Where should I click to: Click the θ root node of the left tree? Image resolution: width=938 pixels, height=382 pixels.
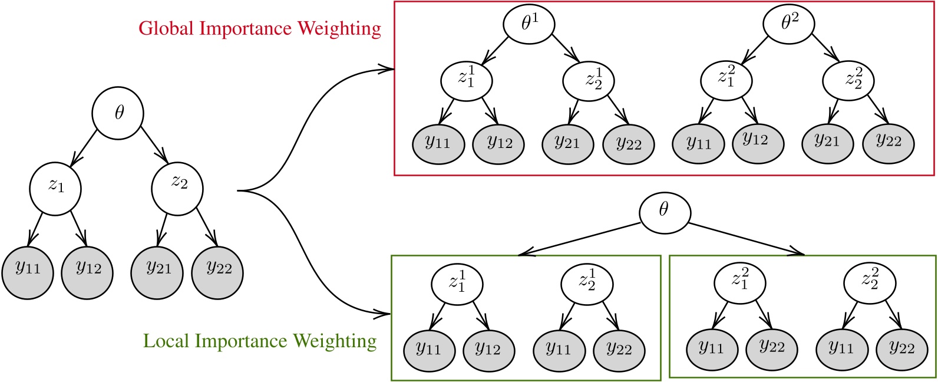pos(118,114)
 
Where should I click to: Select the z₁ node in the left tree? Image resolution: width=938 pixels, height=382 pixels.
pos(55,187)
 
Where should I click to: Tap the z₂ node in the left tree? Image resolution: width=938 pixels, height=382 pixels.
pos(177,187)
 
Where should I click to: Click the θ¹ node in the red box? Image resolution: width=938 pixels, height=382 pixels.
pos(529,25)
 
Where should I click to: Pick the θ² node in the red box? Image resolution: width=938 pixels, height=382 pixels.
pos(788,25)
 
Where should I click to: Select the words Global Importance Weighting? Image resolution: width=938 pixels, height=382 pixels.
pos(260,28)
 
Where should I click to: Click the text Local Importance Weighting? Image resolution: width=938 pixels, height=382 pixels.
pos(260,341)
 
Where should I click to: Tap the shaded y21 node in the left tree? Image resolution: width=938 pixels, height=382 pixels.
pos(157,270)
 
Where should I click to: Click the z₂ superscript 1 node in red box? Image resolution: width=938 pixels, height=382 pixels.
pos(589,81)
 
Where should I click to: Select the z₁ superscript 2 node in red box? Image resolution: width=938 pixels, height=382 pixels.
pos(725,81)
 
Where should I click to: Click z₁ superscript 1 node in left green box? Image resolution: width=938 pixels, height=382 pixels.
pos(457,283)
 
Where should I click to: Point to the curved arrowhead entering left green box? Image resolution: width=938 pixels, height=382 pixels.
pos(386,312)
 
